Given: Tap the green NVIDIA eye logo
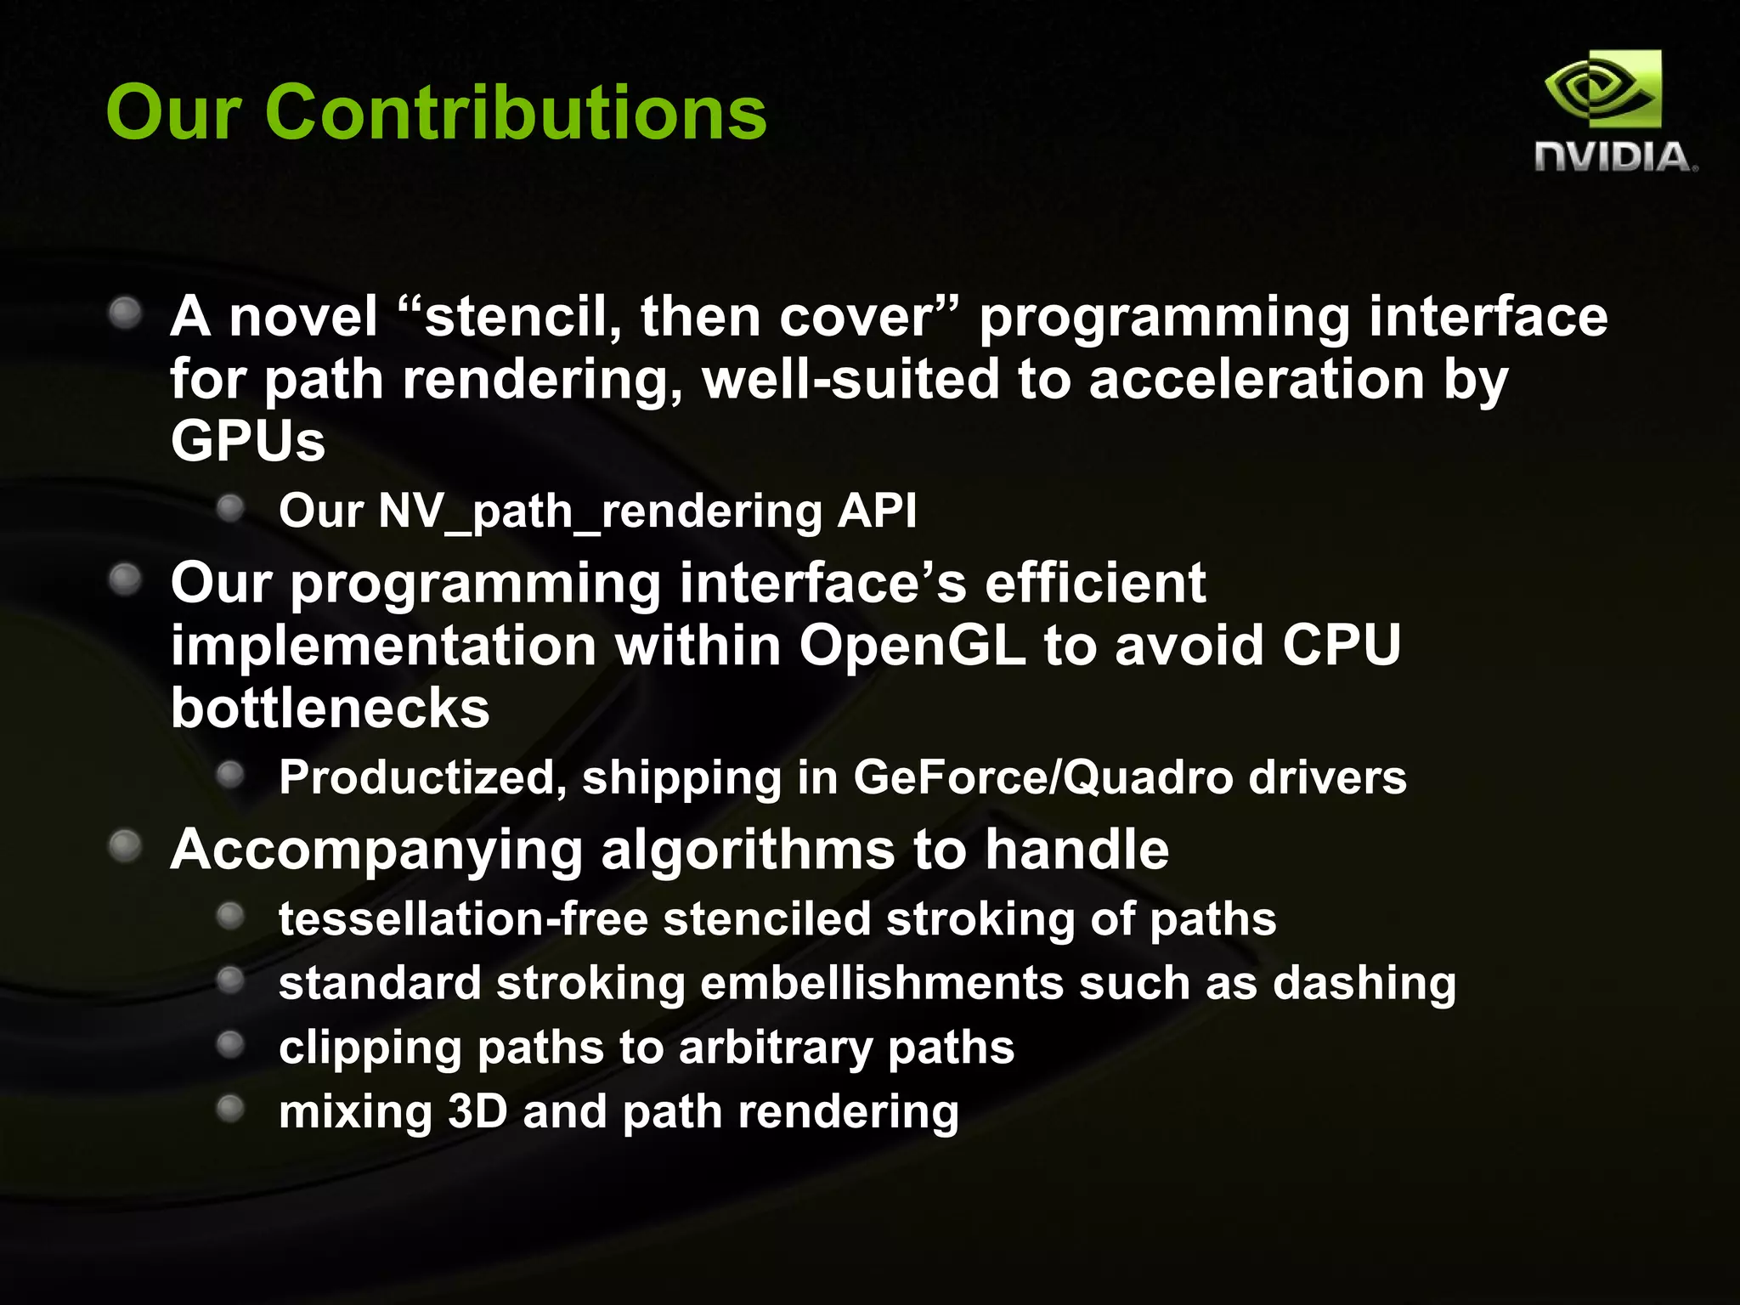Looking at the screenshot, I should pos(1602,90).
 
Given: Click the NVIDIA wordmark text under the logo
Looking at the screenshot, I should pos(1613,158).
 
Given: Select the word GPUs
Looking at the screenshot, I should pos(247,441).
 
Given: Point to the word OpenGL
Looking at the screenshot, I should pos(912,646).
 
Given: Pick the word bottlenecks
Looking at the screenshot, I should pos(330,709).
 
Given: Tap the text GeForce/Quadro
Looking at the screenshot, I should pos(1042,777).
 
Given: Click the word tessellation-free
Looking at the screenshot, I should pos(463,919).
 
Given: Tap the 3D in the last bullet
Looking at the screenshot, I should pos(477,1111).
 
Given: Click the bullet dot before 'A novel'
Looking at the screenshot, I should pos(126,313).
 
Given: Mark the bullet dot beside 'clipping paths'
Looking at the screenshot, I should pos(230,1044).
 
